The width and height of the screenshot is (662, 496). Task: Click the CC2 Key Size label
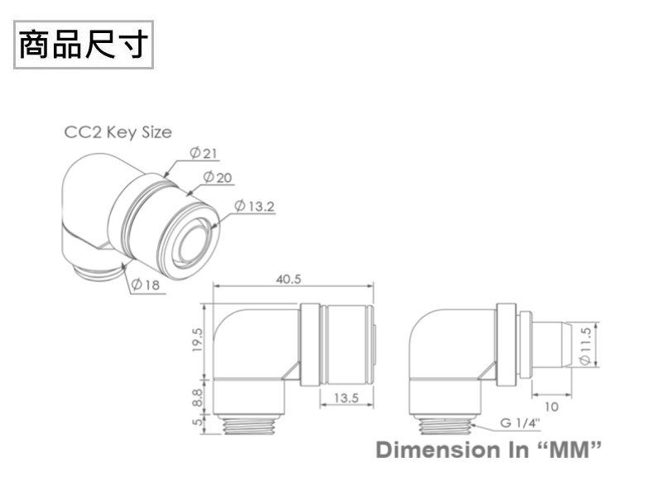118,132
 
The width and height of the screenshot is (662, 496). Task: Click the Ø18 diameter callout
146,284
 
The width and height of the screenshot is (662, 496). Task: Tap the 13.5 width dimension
346,398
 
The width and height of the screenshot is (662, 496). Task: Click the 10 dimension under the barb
551,406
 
